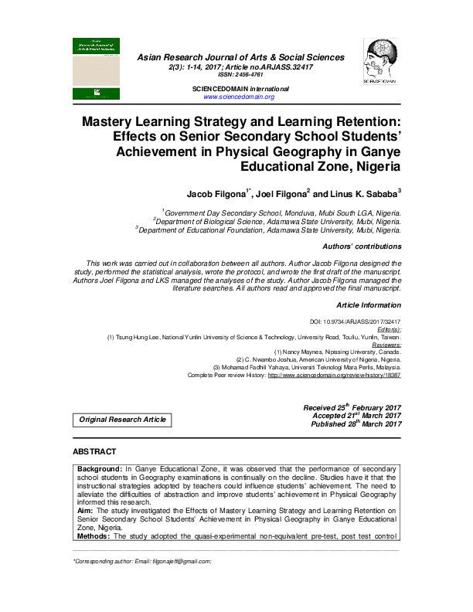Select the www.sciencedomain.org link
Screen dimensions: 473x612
(x=239, y=97)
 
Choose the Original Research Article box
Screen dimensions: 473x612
(x=121, y=420)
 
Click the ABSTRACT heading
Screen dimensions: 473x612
(x=94, y=450)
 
